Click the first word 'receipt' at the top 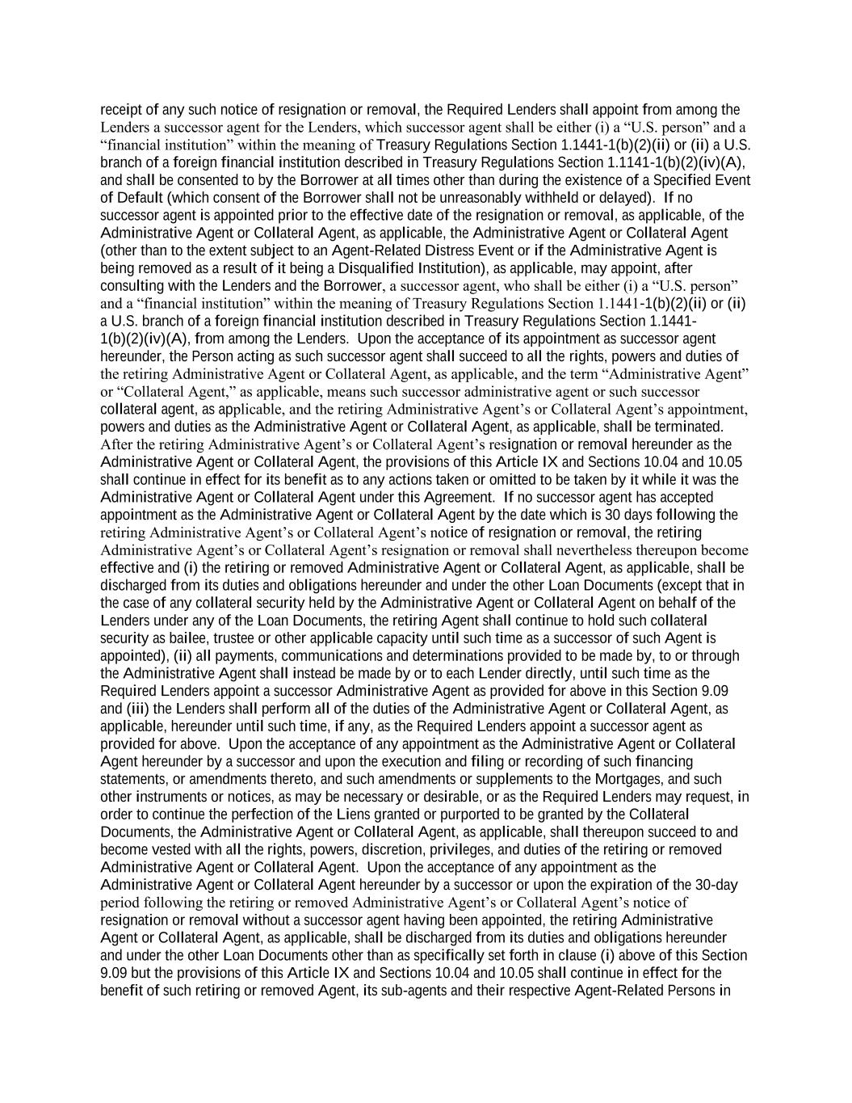(x=118, y=110)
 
